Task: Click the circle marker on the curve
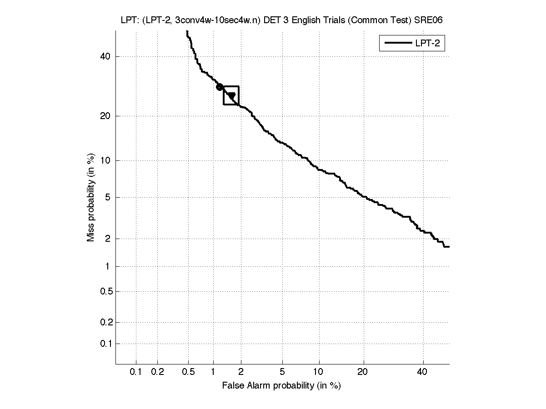[x=220, y=87]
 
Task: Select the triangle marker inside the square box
[x=231, y=96]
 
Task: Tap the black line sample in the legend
[x=397, y=44]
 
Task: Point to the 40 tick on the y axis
[x=105, y=56]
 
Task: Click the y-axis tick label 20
[x=105, y=116]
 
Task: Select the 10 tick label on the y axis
[x=105, y=160]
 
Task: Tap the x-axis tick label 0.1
[x=136, y=372]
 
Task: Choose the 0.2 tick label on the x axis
[x=157, y=372]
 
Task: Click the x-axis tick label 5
[x=283, y=372]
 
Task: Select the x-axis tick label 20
[x=363, y=372]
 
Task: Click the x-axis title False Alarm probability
[x=281, y=386]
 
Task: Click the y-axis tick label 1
[x=107, y=266]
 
